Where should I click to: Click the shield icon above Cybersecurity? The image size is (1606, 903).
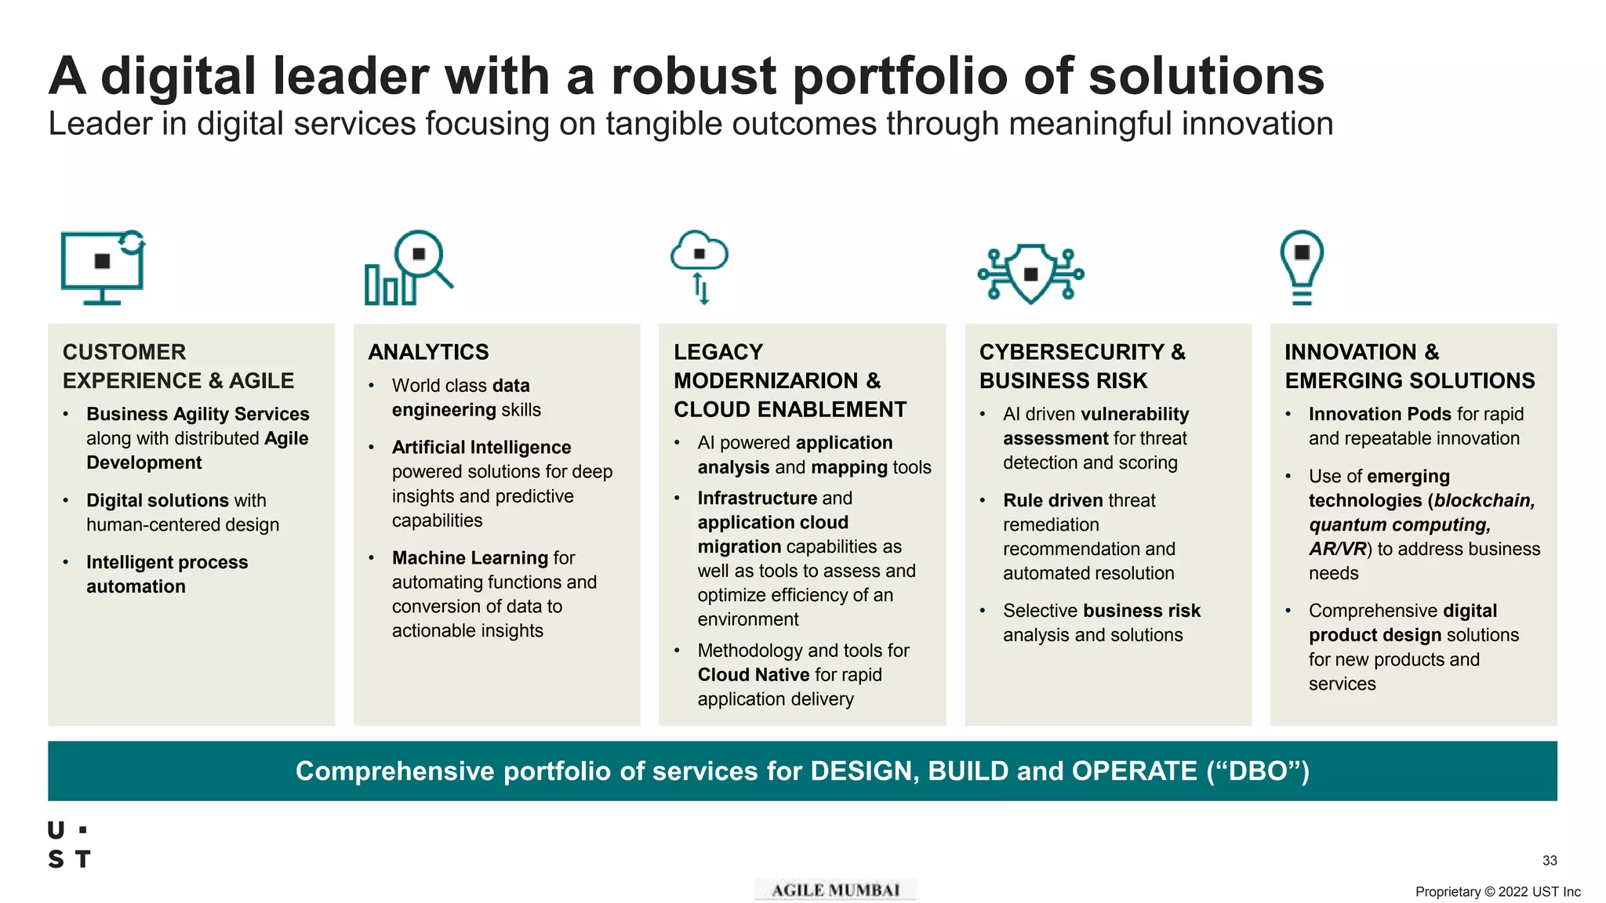pyautogui.click(x=1031, y=274)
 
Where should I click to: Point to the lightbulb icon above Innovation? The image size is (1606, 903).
pyautogui.click(x=1302, y=265)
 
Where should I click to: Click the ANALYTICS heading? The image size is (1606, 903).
pyautogui.click(x=428, y=352)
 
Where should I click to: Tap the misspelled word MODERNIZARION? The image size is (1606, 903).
pyautogui.click(x=765, y=381)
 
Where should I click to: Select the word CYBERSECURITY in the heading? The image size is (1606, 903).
pyautogui.click(x=1071, y=352)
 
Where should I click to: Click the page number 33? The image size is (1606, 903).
pyautogui.click(x=1550, y=861)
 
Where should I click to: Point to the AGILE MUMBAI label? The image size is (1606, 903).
pyautogui.click(x=835, y=890)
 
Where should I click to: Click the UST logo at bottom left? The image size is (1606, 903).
pyautogui.click(x=69, y=845)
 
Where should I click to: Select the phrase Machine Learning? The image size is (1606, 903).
pyautogui.click(x=470, y=557)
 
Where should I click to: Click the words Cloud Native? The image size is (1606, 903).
pyautogui.click(x=753, y=675)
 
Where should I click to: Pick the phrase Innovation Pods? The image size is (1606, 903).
pyautogui.click(x=1379, y=414)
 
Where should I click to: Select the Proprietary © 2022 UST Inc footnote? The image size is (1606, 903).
pyautogui.click(x=1497, y=892)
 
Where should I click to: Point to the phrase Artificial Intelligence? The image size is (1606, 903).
pyautogui.click(x=481, y=447)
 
